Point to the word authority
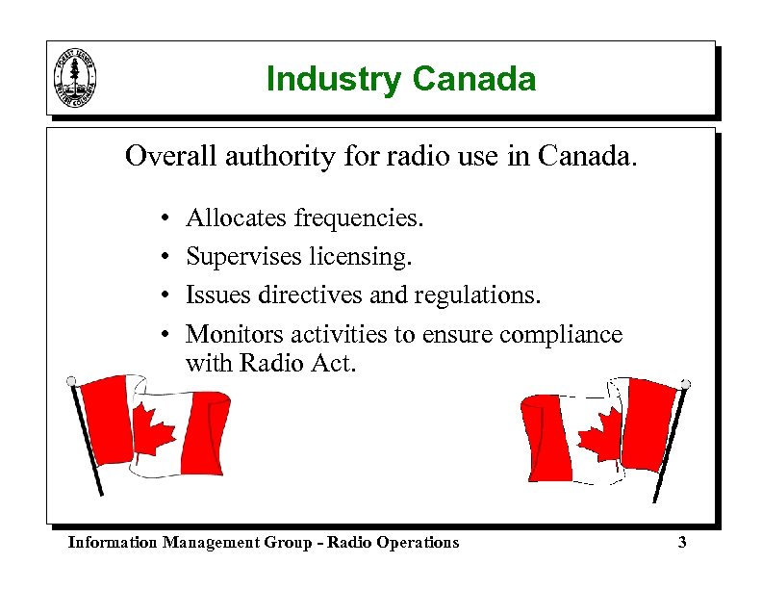click(x=280, y=156)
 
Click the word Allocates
click(x=236, y=218)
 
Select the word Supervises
click(x=244, y=257)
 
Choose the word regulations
click(x=478, y=296)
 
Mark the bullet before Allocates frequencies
click(x=166, y=219)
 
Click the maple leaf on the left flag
click(x=153, y=430)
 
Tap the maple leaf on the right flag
click(x=599, y=430)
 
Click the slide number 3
click(x=682, y=543)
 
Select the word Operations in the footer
click(x=413, y=543)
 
